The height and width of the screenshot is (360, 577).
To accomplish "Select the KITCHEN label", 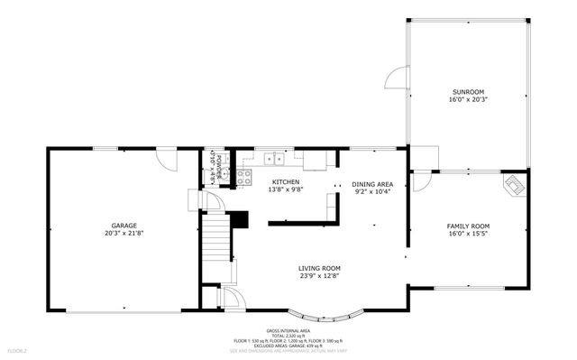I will (285, 182).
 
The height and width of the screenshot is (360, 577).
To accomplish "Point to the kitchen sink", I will (274, 160).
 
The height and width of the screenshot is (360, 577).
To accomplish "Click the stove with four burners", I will (243, 176).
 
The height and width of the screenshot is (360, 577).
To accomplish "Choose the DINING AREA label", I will (371, 183).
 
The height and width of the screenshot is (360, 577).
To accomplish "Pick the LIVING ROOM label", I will (319, 268).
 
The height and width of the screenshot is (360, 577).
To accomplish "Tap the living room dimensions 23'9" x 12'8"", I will (319, 277).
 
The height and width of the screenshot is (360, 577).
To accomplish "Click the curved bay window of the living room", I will (334, 316).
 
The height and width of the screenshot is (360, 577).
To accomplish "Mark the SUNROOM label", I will (468, 92).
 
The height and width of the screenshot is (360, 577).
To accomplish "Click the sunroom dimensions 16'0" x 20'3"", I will (468, 101).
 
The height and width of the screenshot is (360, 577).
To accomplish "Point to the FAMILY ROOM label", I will (468, 226).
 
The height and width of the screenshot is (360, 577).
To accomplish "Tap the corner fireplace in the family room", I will (514, 185).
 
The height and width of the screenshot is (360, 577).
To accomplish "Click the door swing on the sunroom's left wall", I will (397, 78).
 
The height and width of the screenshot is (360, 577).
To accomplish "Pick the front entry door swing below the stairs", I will (229, 300).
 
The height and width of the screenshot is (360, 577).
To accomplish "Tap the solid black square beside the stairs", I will (239, 219).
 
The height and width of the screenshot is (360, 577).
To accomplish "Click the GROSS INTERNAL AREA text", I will (288, 331).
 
